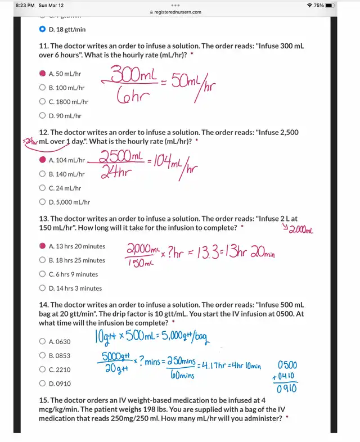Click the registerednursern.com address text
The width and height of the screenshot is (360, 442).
179,12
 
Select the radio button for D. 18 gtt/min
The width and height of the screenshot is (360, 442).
43,29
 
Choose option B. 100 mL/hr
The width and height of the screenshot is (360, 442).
43,88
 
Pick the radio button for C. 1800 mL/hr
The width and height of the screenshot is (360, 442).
43,102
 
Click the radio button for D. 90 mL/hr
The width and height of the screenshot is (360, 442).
43,116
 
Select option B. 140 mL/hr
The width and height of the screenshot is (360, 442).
43,174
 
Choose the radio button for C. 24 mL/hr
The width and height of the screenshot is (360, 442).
43,188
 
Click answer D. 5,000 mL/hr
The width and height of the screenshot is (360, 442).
43,202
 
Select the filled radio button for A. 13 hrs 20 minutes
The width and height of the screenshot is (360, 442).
43,246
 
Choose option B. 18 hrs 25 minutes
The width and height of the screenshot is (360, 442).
43,260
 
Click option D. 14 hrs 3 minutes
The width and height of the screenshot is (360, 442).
43,288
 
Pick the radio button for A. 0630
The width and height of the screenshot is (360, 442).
43,341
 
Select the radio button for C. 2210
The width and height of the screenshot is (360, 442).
43,369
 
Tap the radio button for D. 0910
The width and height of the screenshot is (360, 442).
43,384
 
